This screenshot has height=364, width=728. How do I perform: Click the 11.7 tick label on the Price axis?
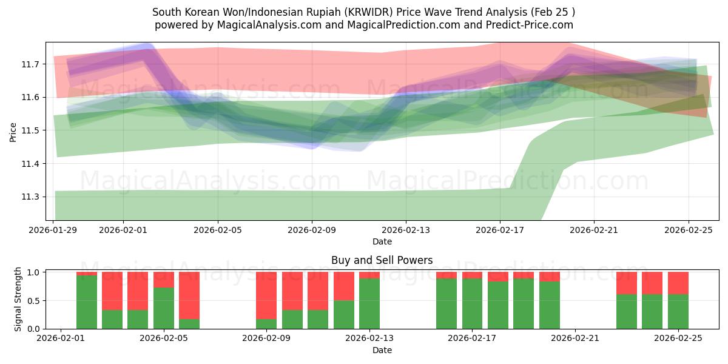point(32,64)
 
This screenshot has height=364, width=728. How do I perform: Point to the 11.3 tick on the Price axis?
point(32,197)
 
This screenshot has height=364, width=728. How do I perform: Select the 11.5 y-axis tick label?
point(32,130)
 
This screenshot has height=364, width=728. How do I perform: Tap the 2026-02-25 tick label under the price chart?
point(688,230)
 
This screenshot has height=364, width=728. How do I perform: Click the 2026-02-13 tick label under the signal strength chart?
point(369,339)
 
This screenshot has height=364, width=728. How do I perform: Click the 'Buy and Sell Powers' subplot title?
point(382,260)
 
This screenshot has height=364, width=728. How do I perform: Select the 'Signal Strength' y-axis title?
point(18,300)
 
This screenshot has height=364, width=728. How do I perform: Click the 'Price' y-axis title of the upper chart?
point(13,131)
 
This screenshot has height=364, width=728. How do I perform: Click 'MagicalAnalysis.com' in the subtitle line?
point(260,25)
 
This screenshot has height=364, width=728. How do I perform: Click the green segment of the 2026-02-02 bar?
point(87,302)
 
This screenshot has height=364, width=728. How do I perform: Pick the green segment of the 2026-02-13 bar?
point(369,303)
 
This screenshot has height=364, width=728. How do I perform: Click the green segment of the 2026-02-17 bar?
point(472,303)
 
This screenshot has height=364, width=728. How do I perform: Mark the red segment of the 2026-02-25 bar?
point(678,283)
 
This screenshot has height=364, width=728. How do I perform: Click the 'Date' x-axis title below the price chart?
point(382,241)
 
